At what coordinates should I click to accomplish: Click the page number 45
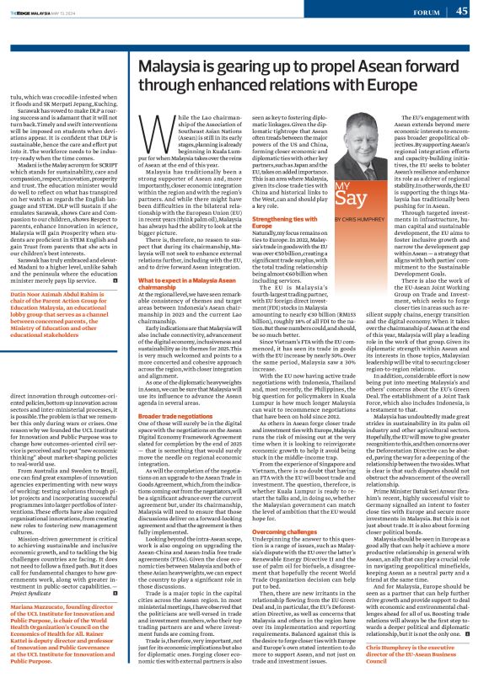(x=462, y=11)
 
